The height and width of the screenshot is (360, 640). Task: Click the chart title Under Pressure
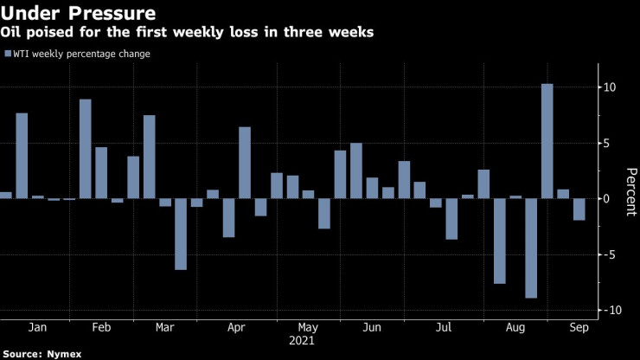pos(79,14)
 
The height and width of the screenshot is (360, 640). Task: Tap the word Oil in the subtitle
pos(16,34)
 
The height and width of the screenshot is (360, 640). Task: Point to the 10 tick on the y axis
pos(609,87)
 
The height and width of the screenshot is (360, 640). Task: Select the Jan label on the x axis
pos(37,329)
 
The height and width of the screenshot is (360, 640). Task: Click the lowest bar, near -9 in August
pos(531,248)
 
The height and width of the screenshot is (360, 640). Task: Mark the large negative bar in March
pos(181,234)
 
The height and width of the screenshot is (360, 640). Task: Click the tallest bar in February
pos(86,149)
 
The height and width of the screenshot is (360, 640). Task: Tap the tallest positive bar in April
pos(245,163)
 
